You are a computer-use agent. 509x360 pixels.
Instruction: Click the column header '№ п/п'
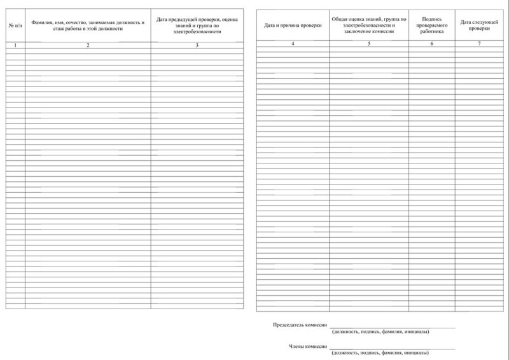[x=15, y=25]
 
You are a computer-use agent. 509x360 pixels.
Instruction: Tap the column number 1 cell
[x=15, y=45]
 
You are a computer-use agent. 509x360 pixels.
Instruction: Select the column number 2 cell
[x=88, y=45]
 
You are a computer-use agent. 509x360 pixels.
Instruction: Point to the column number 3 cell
[x=197, y=45]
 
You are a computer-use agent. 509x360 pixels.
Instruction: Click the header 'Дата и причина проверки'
[x=293, y=25]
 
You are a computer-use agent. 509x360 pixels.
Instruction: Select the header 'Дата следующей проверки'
[x=479, y=25]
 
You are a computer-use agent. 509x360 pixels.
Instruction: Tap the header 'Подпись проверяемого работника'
[x=432, y=25]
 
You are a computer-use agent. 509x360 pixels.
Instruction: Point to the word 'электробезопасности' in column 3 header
[x=197, y=32]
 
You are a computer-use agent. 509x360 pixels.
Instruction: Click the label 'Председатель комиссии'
[x=300, y=324]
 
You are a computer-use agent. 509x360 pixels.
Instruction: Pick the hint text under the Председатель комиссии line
[x=380, y=331]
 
